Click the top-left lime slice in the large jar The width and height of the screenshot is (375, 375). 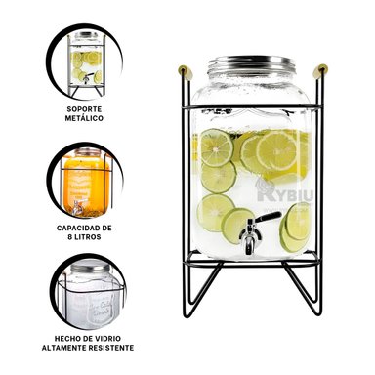(x=214, y=147)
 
